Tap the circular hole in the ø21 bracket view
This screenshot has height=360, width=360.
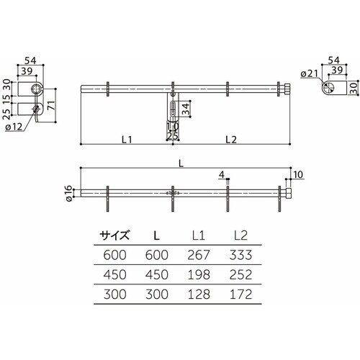(x=328, y=88)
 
